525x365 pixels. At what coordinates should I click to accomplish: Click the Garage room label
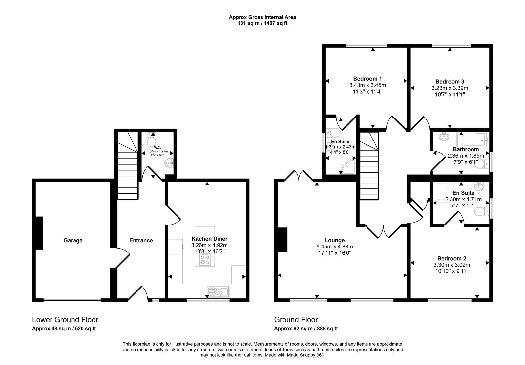coord(73,240)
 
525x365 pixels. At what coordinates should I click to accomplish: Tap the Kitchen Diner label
coord(209,239)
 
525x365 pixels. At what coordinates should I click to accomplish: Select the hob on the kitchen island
coord(204,260)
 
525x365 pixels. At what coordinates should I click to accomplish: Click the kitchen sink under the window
coord(218,291)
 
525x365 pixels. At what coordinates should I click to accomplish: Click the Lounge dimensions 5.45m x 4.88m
coord(334,247)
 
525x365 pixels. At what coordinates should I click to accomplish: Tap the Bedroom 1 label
coord(367,79)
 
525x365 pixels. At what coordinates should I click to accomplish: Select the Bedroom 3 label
coord(450,81)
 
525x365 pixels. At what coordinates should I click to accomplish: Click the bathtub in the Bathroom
coord(474,140)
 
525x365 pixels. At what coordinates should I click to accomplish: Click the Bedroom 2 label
coord(451,258)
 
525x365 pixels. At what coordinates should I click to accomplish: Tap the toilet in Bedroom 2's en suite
coord(480,212)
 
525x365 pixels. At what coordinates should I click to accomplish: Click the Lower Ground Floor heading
coord(65,319)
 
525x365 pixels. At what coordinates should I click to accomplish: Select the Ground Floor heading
coord(296,319)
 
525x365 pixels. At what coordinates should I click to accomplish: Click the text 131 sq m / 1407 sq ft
coord(262,23)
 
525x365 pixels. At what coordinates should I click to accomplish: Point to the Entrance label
coord(141,240)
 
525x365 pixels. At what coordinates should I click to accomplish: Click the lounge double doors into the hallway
coord(383,231)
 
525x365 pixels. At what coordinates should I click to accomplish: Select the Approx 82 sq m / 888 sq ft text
coord(306,328)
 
